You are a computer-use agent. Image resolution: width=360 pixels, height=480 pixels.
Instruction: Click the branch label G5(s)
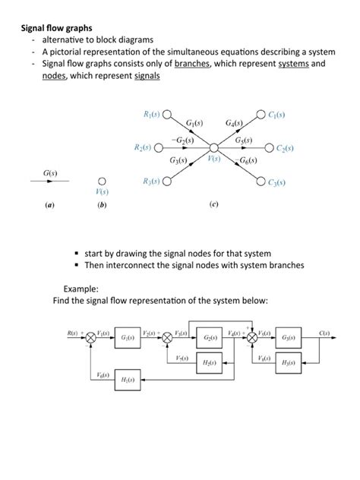[245, 140]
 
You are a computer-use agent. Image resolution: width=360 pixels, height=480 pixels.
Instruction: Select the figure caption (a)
[49, 205]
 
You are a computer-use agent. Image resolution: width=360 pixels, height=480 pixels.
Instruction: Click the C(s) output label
[324, 332]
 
